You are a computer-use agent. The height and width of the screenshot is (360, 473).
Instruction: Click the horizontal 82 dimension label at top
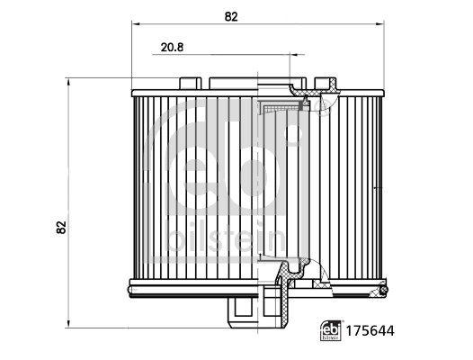coord(231,16)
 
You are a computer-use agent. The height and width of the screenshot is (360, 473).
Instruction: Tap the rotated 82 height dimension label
coord(61,227)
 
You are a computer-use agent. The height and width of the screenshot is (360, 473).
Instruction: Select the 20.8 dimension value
coord(172,48)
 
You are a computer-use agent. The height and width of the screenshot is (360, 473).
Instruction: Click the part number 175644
coord(370,331)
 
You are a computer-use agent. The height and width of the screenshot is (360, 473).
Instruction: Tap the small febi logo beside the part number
coord(331,330)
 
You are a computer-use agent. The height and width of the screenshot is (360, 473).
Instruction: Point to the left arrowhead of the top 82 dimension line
coord(135,24)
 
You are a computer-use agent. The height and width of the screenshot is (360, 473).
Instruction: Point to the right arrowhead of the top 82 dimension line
coord(380,24)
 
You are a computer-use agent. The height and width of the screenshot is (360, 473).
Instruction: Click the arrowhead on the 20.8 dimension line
coord(293,55)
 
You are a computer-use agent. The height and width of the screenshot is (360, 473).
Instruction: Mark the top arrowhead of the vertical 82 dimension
coord(68,82)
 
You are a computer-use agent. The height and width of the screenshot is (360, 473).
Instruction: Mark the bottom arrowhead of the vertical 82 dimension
coord(68,324)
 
